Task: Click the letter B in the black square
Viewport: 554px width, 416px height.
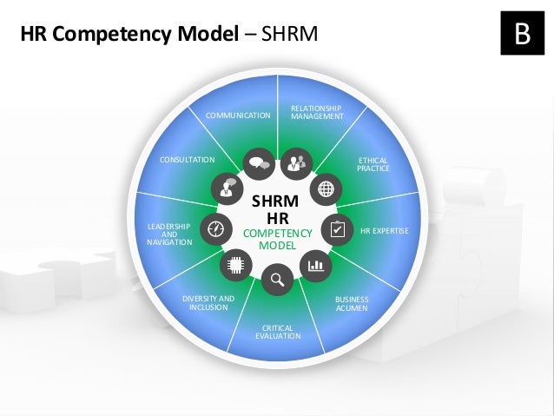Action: (522, 33)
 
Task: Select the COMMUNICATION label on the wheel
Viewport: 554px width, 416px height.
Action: (238, 115)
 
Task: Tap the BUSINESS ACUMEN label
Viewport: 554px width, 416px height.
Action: (352, 304)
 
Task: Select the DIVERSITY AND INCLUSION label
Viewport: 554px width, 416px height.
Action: (208, 302)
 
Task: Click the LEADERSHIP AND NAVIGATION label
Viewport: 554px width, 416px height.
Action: (168, 234)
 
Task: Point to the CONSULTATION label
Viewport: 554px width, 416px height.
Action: (187, 161)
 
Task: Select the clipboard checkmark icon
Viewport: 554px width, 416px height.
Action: (337, 229)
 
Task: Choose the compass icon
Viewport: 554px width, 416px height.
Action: (214, 228)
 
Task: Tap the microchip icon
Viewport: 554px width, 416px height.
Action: (234, 266)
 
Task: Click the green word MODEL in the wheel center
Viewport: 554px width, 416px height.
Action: (277, 246)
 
